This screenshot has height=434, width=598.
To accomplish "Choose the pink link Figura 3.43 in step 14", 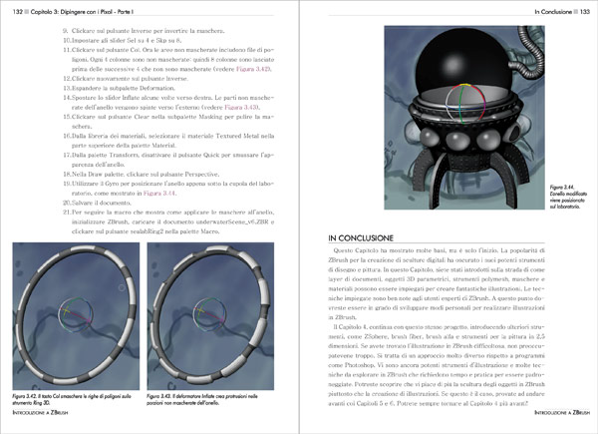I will [x=257, y=108].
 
